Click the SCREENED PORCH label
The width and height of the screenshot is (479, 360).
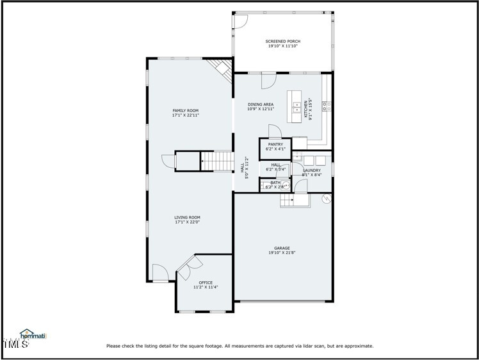pos(282,42)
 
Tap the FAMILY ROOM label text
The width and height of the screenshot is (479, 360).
pos(185,111)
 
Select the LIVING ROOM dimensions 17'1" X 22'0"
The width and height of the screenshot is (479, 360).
pos(187,222)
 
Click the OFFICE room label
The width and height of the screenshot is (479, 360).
pos(206,282)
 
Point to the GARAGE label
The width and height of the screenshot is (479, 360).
pos(282,248)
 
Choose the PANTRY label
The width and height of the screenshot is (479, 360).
pos(275,145)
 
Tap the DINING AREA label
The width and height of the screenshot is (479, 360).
pos(261,104)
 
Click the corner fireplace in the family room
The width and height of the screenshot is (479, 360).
pos(223,69)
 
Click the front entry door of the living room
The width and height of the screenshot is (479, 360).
pos(161,274)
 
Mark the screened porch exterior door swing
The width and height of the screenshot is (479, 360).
pos(239,20)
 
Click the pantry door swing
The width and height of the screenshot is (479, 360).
pos(274,131)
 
